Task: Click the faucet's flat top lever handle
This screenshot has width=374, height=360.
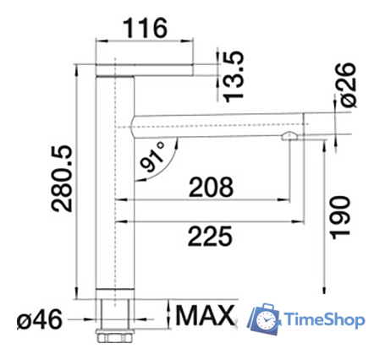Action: pyautogui.click(x=147, y=67)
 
